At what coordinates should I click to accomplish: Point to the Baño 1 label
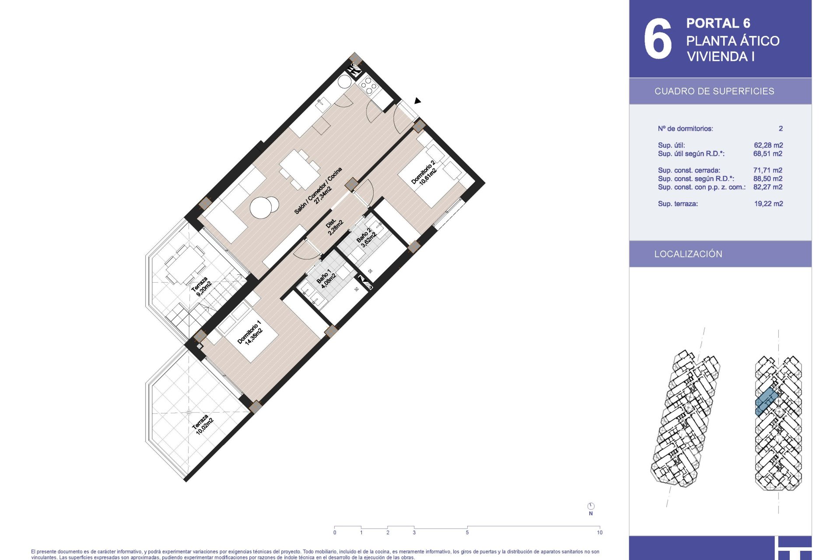click(x=325, y=278)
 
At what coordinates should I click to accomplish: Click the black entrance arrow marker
click(x=417, y=101)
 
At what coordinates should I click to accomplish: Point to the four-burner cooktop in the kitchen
click(x=367, y=85)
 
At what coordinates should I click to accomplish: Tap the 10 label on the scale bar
click(x=599, y=532)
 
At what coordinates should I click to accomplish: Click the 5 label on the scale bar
click(x=467, y=532)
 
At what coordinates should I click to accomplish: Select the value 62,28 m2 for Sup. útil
click(x=768, y=145)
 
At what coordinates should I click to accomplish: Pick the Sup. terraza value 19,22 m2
click(x=768, y=204)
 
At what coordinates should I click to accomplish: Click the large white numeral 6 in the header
click(x=658, y=38)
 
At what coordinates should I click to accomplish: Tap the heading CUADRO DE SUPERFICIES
click(x=714, y=91)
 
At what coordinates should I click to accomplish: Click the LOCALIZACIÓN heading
click(x=688, y=254)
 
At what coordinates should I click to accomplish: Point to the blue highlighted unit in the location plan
click(x=766, y=402)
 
